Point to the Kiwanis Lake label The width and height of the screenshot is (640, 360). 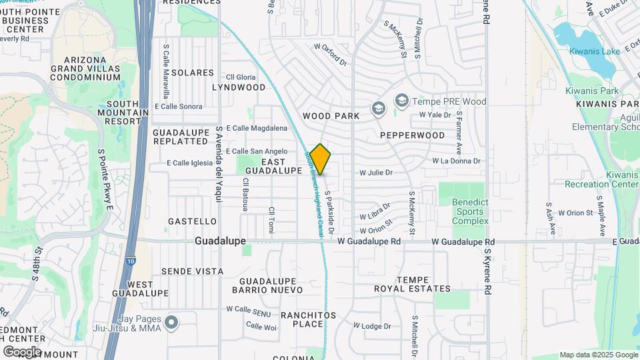coord(595,51)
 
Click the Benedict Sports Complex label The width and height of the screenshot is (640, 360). coord(470,211)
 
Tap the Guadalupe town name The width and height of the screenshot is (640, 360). coord(221,241)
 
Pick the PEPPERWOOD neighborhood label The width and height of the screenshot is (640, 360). coord(412,135)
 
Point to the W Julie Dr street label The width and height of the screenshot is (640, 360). coord(376,172)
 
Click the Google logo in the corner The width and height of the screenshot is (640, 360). coord(22,351)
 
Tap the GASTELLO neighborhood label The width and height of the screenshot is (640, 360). coord(192,221)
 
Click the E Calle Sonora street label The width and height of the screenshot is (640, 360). coord(178,106)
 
